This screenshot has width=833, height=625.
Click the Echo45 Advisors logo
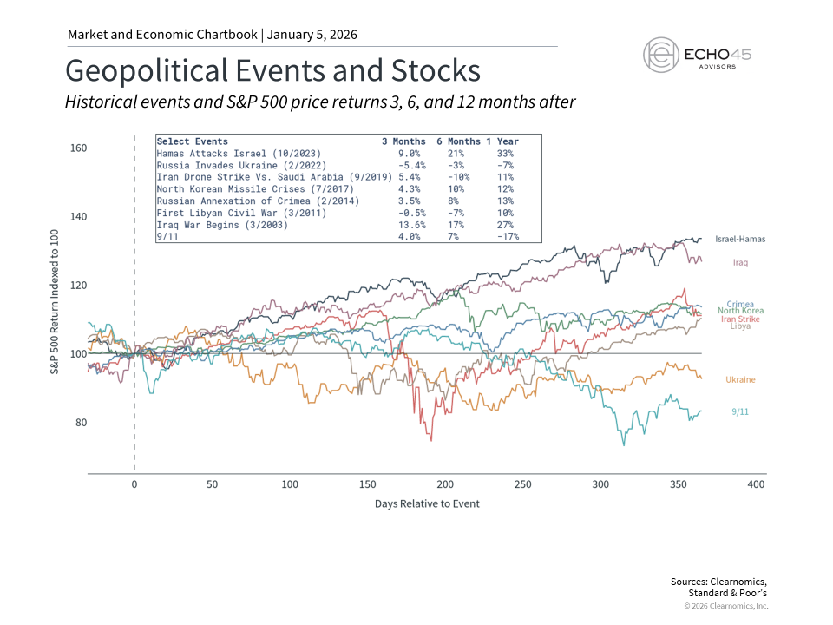click(x=697, y=55)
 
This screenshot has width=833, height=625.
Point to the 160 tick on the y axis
click(x=78, y=148)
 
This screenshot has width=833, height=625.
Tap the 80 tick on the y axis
click(x=81, y=423)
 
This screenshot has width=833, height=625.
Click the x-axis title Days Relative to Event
click(x=427, y=503)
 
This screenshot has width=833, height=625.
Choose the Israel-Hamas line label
click(x=740, y=239)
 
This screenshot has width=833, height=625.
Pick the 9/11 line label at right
click(x=739, y=412)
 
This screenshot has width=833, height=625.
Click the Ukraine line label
click(x=740, y=379)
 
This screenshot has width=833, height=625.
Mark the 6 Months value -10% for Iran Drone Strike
click(x=452, y=176)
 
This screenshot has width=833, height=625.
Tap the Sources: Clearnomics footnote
click(x=719, y=581)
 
